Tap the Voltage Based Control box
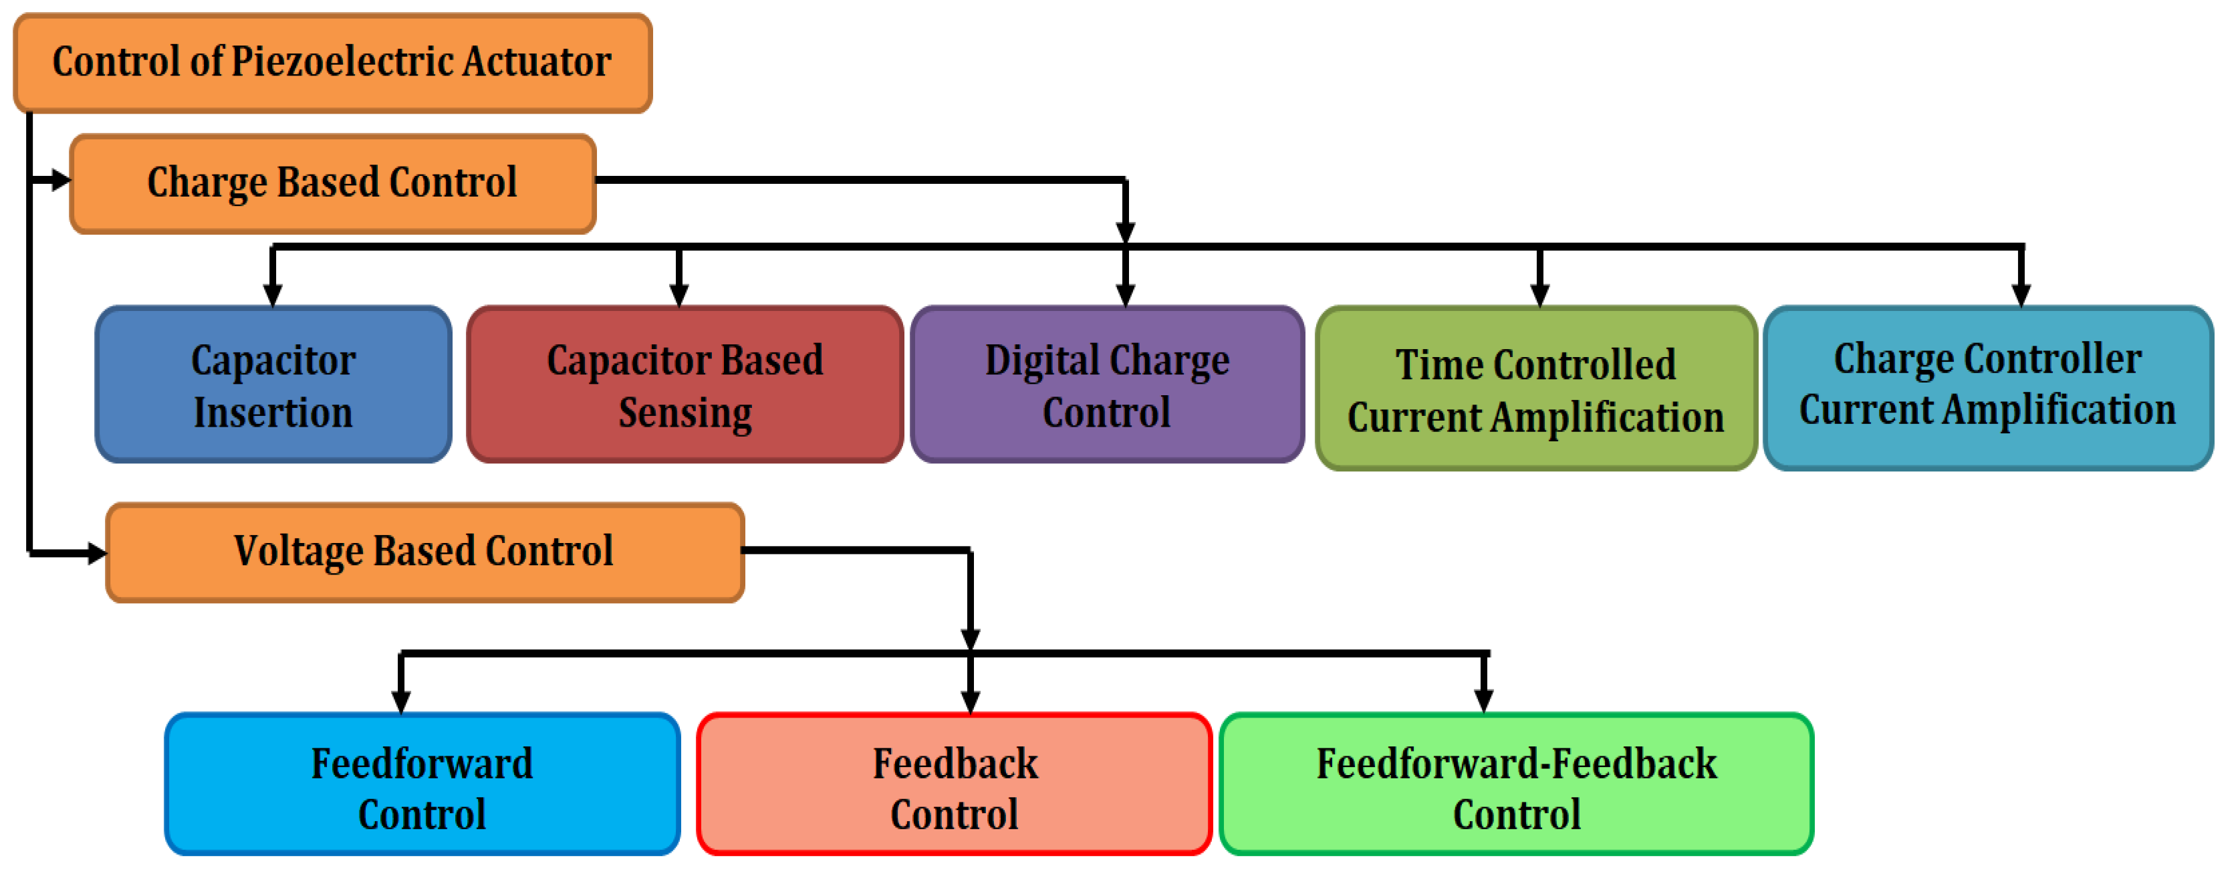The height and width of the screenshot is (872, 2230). [424, 552]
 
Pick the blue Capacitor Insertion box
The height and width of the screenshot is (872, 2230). [273, 385]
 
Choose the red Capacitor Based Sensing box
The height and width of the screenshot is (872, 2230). [685, 385]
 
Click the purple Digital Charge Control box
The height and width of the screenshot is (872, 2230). [1107, 385]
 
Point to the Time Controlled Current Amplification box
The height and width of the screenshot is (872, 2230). [1535, 390]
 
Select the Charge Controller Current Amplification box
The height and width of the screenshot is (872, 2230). [1987, 388]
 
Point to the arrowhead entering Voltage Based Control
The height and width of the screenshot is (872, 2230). [97, 552]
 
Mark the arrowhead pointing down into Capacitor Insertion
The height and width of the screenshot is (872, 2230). [273, 296]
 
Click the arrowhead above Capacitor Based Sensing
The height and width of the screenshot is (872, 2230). [680, 296]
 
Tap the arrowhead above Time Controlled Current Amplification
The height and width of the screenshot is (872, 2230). [1539, 296]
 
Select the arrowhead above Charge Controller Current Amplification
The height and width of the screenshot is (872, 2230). [2021, 296]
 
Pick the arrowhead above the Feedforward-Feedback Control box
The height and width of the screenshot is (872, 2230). [1484, 701]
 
